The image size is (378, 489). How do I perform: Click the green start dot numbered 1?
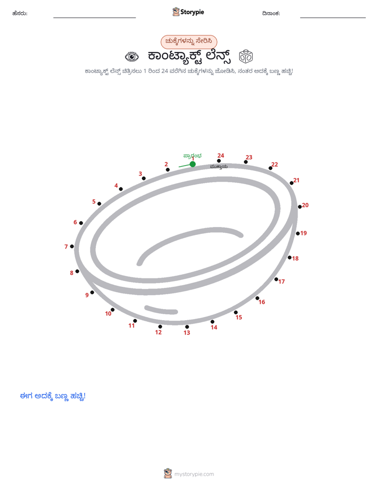point(193,164)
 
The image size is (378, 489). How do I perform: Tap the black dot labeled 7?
point(72,247)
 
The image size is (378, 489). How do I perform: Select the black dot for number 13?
point(187,327)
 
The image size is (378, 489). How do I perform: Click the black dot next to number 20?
point(300,207)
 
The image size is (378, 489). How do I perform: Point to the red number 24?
point(221,156)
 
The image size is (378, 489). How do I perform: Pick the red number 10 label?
point(108,313)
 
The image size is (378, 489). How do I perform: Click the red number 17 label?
point(282,282)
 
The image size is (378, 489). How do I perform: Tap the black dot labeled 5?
point(99,204)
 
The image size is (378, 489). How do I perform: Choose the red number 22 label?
point(274,165)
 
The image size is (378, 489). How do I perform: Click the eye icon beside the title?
point(132,57)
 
